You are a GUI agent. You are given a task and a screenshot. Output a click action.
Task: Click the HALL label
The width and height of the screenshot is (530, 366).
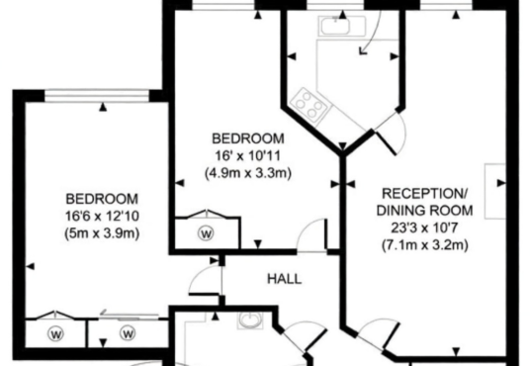click(x=284, y=279)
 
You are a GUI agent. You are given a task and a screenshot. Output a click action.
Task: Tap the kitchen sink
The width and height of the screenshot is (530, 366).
click(x=342, y=26)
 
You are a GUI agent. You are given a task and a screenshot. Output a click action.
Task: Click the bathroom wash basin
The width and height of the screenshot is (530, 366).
click(x=250, y=320)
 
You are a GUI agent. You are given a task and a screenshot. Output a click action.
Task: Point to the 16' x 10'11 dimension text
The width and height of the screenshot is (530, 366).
click(x=248, y=156)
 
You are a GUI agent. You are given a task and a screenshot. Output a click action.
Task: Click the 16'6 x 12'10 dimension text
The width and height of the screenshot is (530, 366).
click(x=102, y=216)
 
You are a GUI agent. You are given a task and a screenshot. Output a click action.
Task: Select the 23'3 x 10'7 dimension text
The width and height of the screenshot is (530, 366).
click(x=424, y=228)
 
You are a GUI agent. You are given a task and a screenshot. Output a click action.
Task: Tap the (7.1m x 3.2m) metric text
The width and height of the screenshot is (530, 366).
click(x=425, y=244)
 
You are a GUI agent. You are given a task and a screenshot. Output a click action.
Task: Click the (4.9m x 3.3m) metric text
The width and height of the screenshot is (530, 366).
click(x=248, y=173)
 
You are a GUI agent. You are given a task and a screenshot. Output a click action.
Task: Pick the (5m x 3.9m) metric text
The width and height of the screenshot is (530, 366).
click(x=102, y=233)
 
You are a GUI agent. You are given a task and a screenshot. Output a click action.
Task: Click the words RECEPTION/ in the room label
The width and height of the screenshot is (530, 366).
click(x=424, y=194)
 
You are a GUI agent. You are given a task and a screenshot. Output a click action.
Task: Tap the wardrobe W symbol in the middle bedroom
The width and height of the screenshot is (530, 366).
click(x=207, y=233)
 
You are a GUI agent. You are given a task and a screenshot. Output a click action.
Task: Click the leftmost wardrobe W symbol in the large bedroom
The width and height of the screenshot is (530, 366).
click(x=56, y=334)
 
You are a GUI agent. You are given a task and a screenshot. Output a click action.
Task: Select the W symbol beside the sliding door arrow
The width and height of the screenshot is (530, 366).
click(x=128, y=333)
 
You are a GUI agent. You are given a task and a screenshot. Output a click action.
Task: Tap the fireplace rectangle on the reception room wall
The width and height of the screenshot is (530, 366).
click(x=495, y=191)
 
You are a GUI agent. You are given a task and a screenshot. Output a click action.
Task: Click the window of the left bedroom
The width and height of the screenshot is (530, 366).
click(x=97, y=96)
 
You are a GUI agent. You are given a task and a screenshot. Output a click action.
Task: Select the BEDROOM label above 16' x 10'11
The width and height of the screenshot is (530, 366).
click(x=248, y=138)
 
